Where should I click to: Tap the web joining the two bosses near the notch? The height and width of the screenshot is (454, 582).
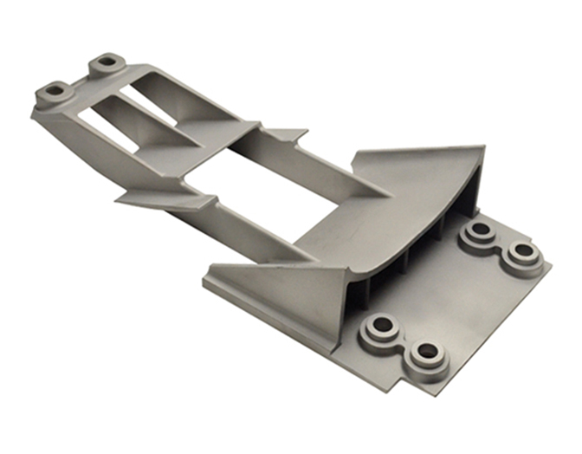(403, 340)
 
